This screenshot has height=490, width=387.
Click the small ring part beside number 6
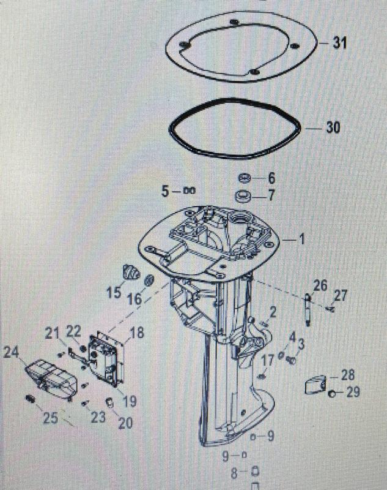pyautogui.click(x=245, y=178)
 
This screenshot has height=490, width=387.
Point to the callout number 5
pyautogui.click(x=164, y=191)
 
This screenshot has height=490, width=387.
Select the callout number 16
pyautogui.click(x=135, y=300)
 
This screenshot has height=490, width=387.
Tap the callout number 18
pyautogui.click(x=137, y=333)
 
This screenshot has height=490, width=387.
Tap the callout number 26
pyautogui.click(x=320, y=284)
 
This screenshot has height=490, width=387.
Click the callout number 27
pyautogui.click(x=340, y=296)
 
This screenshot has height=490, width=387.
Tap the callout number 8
pyautogui.click(x=234, y=472)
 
